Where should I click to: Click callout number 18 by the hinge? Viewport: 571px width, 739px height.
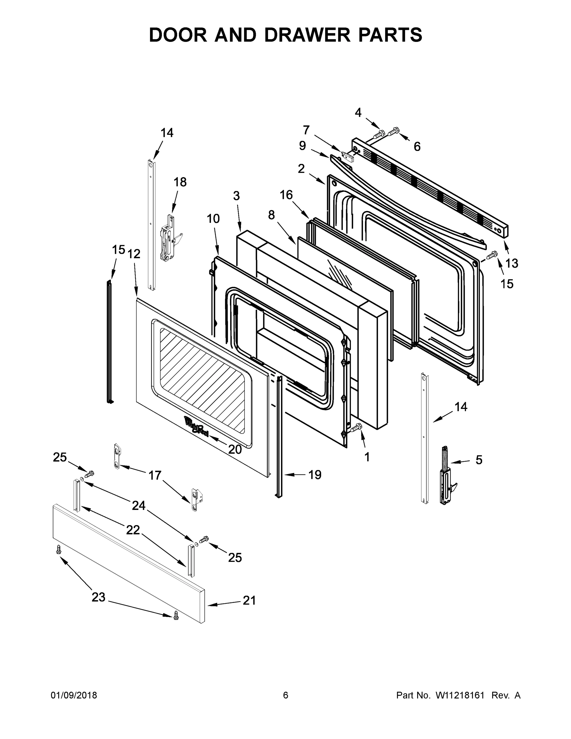180,182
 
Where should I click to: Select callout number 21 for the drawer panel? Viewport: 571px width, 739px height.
249,601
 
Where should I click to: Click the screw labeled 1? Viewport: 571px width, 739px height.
356,428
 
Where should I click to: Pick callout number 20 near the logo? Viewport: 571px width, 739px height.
235,449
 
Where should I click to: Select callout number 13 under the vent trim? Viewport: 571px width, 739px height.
512,263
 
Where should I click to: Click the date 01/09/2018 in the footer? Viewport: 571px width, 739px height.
74,695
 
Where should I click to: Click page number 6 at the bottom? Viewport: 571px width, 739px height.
286,695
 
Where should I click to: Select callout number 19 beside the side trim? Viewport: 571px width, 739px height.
315,475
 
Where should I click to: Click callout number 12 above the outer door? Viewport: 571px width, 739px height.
134,254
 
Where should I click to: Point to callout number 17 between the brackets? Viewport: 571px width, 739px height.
155,476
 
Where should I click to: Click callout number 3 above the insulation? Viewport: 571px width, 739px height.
236,196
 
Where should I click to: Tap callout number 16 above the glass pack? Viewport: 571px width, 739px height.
286,195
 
